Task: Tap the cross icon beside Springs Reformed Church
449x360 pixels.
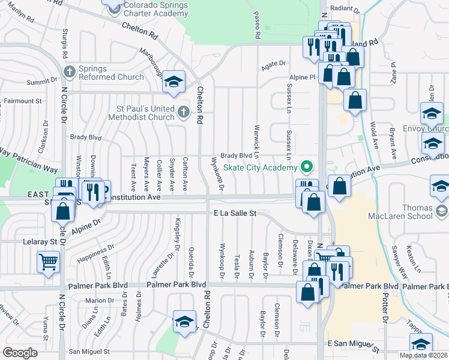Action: pyautogui.click(x=70, y=72)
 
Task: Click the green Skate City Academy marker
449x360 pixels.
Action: pyautogui.click(x=307, y=167)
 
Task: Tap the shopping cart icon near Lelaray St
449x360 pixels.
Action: pyautogui.click(x=48, y=262)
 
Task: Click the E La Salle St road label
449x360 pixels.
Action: pyautogui.click(x=235, y=213)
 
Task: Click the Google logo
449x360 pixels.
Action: pyautogui.click(x=20, y=353)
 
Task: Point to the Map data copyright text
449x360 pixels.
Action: pyautogui.click(x=424, y=355)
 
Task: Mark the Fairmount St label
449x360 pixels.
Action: pyautogui.click(x=23, y=102)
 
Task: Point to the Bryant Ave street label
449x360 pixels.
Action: pyautogui.click(x=392, y=144)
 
